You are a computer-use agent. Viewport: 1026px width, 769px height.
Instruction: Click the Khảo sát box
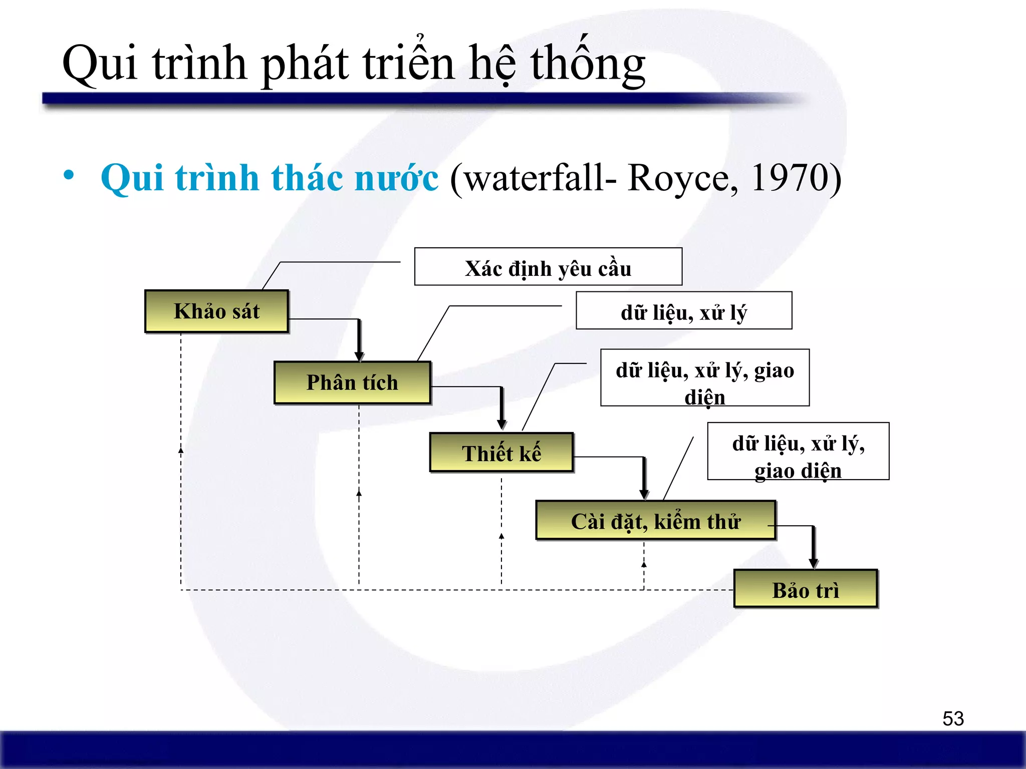tap(216, 311)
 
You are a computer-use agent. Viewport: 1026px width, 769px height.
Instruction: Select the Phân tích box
tap(352, 382)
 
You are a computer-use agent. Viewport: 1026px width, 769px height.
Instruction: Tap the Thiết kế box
tap(501, 453)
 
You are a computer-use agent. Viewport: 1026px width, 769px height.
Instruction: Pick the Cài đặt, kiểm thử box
tap(655, 521)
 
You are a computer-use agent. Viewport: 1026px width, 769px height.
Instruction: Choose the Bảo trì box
tap(805, 589)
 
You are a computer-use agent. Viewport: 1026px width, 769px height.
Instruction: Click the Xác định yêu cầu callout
tap(548, 267)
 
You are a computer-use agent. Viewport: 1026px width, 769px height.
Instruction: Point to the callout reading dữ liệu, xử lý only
tap(684, 311)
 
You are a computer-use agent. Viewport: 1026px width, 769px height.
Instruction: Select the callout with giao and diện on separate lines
tap(705, 378)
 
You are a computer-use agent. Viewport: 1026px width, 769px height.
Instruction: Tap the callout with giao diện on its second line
tap(798, 452)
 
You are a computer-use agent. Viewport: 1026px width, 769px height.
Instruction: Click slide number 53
tap(953, 718)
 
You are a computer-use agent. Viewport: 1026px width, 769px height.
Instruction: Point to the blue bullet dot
tap(69, 176)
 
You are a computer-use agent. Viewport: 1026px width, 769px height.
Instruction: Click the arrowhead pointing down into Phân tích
tap(359, 356)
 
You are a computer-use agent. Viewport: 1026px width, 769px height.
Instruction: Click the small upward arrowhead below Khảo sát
tap(181, 450)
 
